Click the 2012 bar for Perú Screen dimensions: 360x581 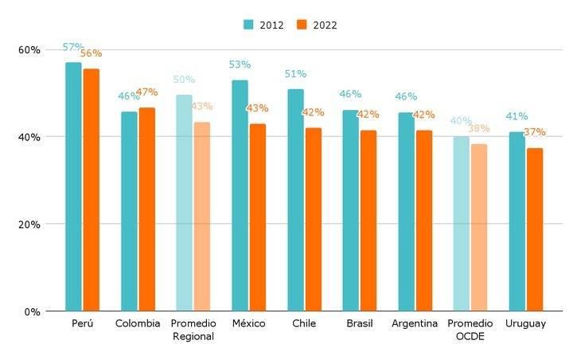tap(73, 186)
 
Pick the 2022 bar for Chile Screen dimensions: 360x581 tap(313, 219)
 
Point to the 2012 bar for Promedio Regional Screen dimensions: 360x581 tap(184, 202)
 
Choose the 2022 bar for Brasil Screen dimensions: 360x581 tap(368, 221)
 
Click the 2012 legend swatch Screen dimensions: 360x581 tap(249, 25)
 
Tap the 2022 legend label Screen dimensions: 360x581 tap(325, 25)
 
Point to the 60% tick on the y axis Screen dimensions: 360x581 tap(29, 49)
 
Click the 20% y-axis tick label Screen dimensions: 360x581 tap(29, 224)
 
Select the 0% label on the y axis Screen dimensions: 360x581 tap(32, 311)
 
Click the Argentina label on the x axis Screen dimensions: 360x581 tap(415, 324)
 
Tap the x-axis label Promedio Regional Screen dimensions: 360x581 tap(193, 330)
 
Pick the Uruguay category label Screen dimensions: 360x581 tap(526, 324)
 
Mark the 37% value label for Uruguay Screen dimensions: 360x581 tap(535, 132)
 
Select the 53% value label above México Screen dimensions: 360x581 tap(240, 65)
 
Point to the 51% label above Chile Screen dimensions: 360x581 tap(295, 74)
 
